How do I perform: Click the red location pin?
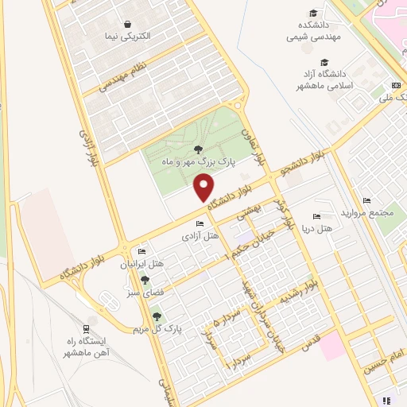point(204,188)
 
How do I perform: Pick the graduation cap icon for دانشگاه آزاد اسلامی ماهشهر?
point(324,63)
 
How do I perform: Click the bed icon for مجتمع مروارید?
point(366,201)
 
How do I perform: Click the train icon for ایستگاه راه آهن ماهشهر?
point(86,328)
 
